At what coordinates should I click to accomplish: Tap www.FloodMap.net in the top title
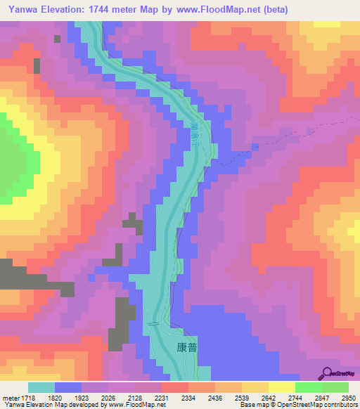coord(217,8)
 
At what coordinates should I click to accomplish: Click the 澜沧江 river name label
coord(193,133)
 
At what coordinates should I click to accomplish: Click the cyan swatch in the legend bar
coord(41,387)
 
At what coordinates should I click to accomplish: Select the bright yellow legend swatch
coord(281,387)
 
